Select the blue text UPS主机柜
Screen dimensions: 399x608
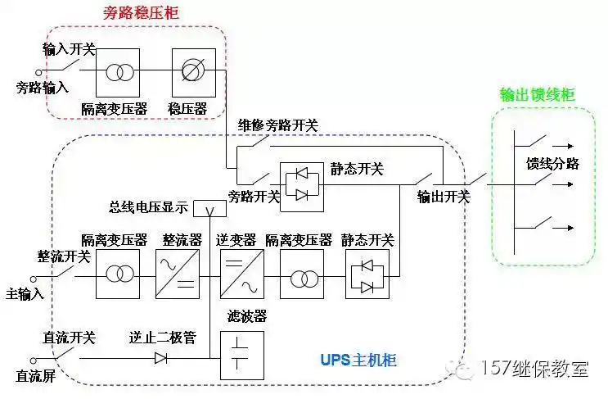(358, 360)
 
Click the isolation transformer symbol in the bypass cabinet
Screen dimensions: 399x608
(118, 72)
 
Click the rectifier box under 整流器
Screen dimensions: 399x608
(178, 274)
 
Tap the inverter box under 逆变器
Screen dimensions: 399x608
(241, 274)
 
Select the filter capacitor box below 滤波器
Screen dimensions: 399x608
(241, 354)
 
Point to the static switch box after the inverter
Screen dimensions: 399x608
(367, 274)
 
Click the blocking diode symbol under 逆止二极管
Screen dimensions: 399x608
(162, 357)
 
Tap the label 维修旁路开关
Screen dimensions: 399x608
(278, 125)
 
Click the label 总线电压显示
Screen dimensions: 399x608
(148, 206)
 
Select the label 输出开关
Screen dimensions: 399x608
(444, 197)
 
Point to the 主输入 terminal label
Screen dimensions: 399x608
(25, 292)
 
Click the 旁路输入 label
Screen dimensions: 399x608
(43, 86)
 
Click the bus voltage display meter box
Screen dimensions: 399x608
(209, 210)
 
